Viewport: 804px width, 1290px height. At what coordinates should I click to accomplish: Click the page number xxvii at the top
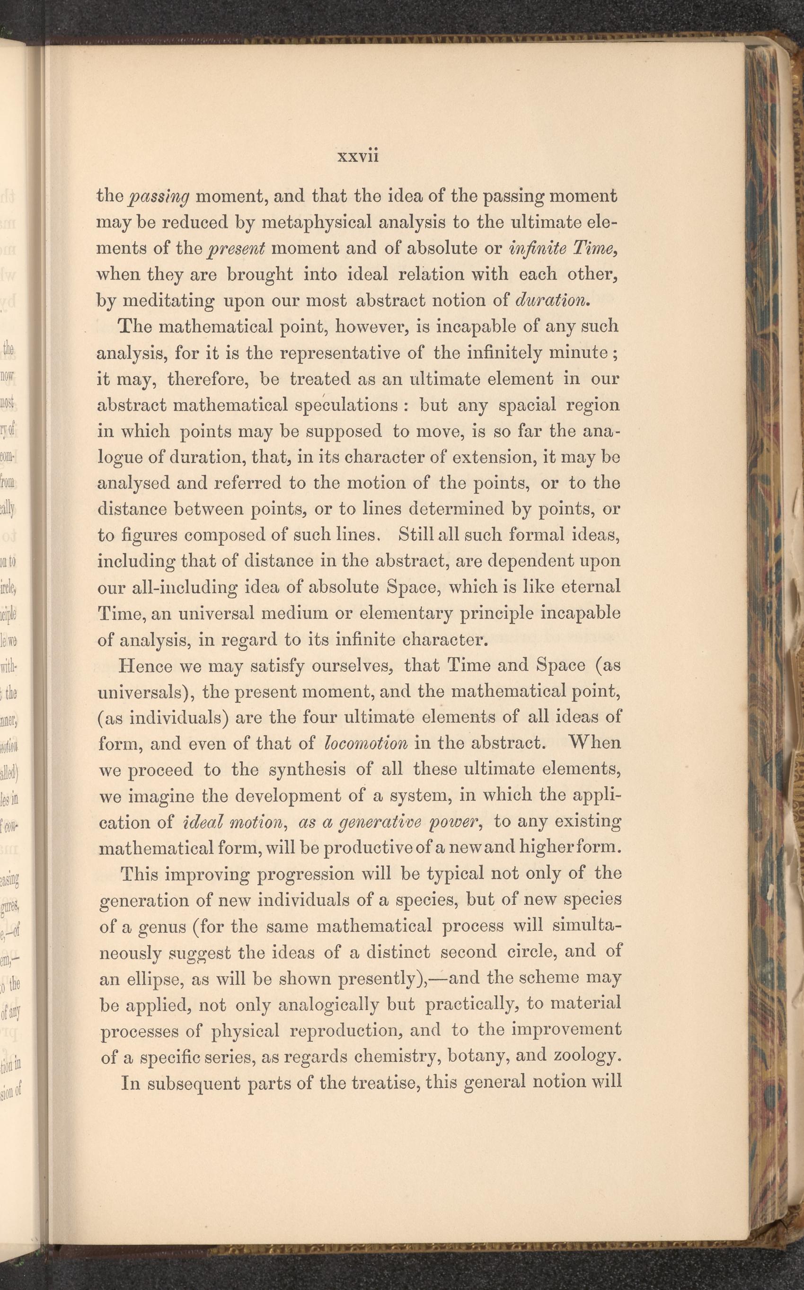357,156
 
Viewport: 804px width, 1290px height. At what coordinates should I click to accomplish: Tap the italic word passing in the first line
159,198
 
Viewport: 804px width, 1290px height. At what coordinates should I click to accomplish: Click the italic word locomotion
365,743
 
